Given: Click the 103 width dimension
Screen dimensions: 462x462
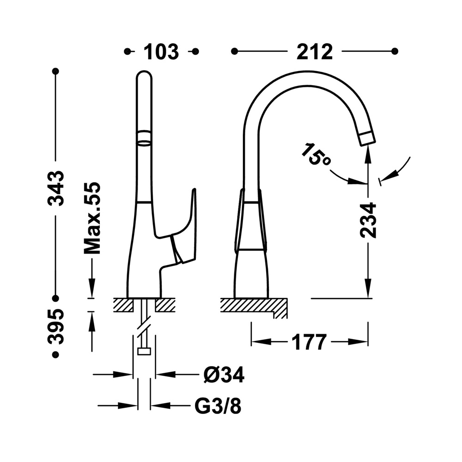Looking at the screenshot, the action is tap(161, 52).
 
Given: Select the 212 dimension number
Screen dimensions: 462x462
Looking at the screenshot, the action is tap(315, 52).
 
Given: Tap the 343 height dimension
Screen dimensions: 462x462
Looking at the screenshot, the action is tap(56, 188).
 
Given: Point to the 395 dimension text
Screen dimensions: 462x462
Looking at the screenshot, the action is tap(56, 326).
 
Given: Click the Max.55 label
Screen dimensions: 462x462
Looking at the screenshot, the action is tap(92, 218).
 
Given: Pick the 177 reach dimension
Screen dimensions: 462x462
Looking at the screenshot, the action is tap(310, 342).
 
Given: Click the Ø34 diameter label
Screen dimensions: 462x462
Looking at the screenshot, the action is tap(224, 375).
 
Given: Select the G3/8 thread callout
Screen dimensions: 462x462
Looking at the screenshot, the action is tap(218, 406).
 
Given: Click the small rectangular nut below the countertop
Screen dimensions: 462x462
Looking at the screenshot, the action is tap(144, 351).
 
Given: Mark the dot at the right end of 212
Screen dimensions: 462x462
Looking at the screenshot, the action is tap(395, 52).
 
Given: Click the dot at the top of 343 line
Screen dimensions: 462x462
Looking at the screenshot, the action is tap(55, 71).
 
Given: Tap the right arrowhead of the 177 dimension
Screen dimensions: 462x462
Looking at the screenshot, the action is tap(358, 342).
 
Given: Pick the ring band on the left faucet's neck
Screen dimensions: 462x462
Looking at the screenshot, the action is tap(144, 137).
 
